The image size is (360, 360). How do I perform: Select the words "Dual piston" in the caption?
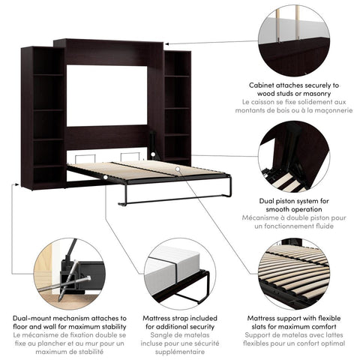276,200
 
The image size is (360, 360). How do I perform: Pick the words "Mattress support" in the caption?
282,318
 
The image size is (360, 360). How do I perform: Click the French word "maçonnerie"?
328,110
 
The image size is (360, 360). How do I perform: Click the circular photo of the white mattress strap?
177,273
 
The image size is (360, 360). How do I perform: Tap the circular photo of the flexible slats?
293,273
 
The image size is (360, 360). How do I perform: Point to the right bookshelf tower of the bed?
177,105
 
